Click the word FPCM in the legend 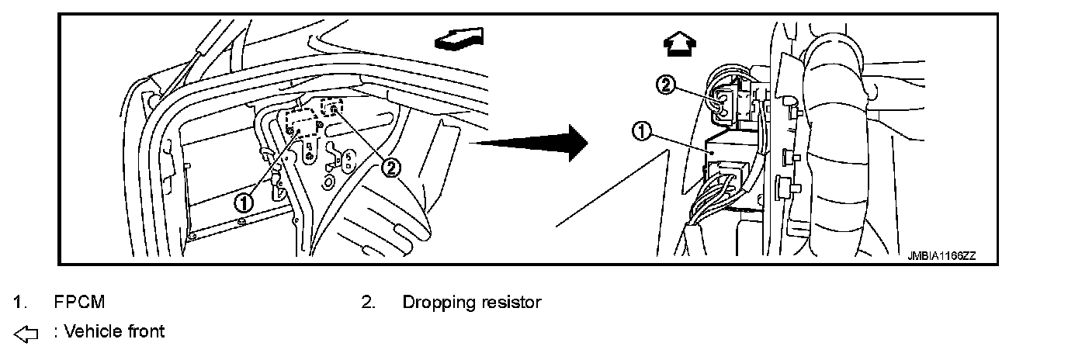79,302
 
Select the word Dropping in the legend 433,302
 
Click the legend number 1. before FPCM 16,302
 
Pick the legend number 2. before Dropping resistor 369,302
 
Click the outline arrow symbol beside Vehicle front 26,334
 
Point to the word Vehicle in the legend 91,332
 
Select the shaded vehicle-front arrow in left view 459,40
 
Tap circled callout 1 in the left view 244,202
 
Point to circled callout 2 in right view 665,86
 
